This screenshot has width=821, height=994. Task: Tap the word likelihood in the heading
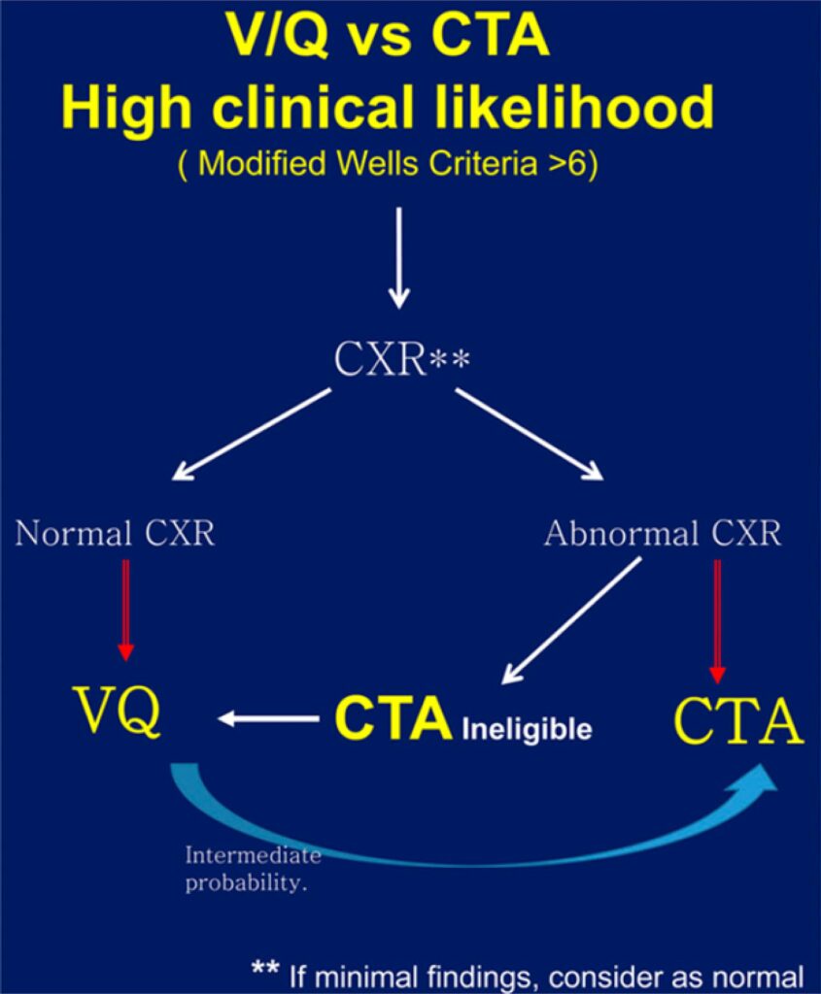[x=575, y=106]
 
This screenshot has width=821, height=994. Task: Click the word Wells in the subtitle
[x=378, y=163]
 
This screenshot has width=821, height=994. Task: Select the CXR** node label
[x=401, y=359]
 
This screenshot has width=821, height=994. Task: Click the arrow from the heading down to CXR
[x=398, y=258]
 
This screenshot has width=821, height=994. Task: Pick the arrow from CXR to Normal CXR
[x=252, y=434]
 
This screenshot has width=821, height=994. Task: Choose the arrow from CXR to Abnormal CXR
[x=530, y=434]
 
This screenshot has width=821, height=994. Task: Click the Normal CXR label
[x=115, y=533]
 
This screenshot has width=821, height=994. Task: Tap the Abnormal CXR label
[x=663, y=533]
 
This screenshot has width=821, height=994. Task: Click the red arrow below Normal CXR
[x=125, y=611]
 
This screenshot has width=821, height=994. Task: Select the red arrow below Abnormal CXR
[x=718, y=621]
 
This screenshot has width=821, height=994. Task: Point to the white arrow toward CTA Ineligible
[x=571, y=620]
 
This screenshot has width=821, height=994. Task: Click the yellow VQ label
[x=118, y=712]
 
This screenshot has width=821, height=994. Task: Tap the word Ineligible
[x=527, y=729]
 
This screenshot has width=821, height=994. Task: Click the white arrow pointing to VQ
[x=268, y=719]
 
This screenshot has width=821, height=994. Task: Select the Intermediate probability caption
[x=254, y=869]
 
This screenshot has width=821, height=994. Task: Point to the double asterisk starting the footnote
[x=264, y=968]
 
